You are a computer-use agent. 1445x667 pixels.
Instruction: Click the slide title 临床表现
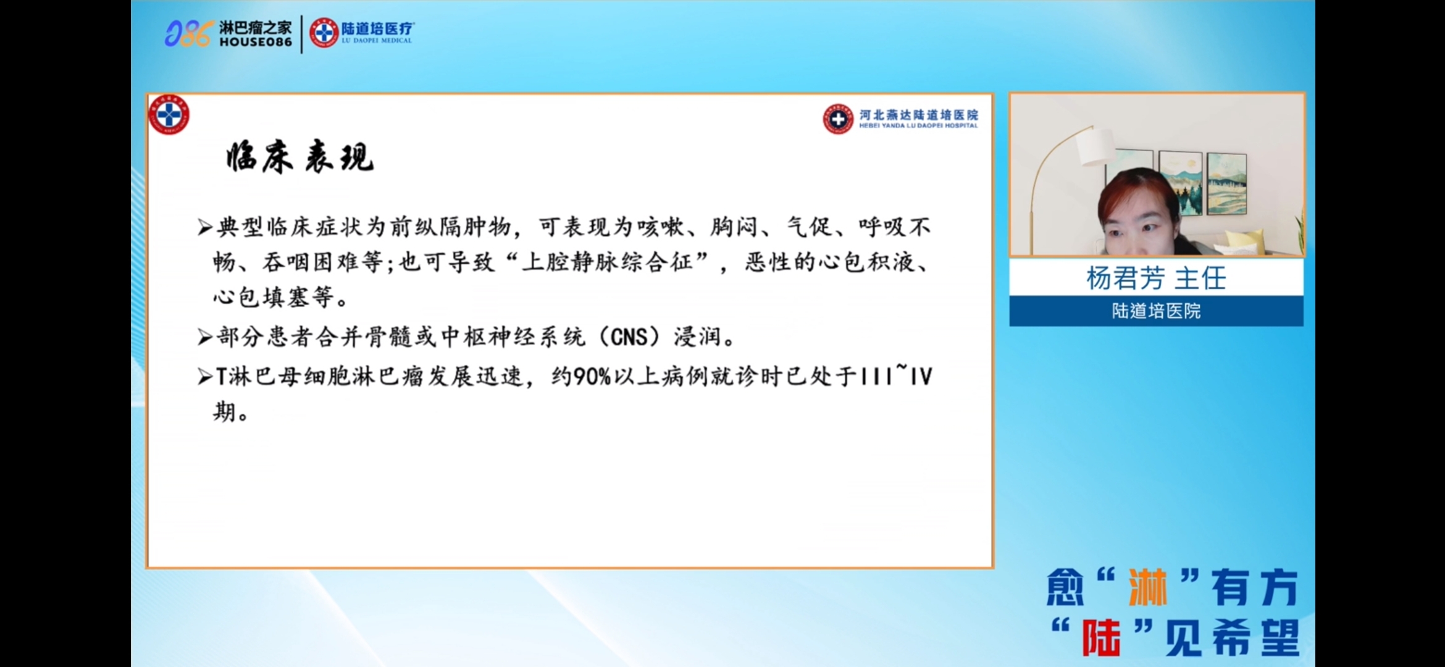click(x=300, y=157)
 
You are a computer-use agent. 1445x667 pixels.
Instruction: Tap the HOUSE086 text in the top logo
click(x=256, y=42)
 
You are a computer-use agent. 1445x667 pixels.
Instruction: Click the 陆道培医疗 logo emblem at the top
click(x=324, y=33)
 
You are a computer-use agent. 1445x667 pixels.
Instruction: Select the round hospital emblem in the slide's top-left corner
click(x=169, y=115)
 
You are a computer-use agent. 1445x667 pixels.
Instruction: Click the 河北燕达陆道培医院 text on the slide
click(x=919, y=115)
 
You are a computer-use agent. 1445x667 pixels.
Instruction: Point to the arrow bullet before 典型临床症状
click(x=205, y=228)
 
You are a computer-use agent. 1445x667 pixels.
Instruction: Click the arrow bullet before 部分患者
click(x=205, y=337)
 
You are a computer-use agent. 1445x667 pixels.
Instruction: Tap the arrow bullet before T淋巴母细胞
click(x=205, y=376)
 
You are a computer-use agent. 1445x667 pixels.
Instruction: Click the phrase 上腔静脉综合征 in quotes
click(x=607, y=262)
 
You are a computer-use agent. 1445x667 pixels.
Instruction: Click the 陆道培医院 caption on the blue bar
click(x=1156, y=311)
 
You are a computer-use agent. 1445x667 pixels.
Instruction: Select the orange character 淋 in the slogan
click(x=1147, y=587)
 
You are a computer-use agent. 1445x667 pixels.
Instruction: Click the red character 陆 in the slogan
click(x=1101, y=637)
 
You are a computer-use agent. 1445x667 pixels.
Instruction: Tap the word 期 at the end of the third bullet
click(x=225, y=411)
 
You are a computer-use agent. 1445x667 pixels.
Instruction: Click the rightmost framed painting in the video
click(x=1226, y=183)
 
